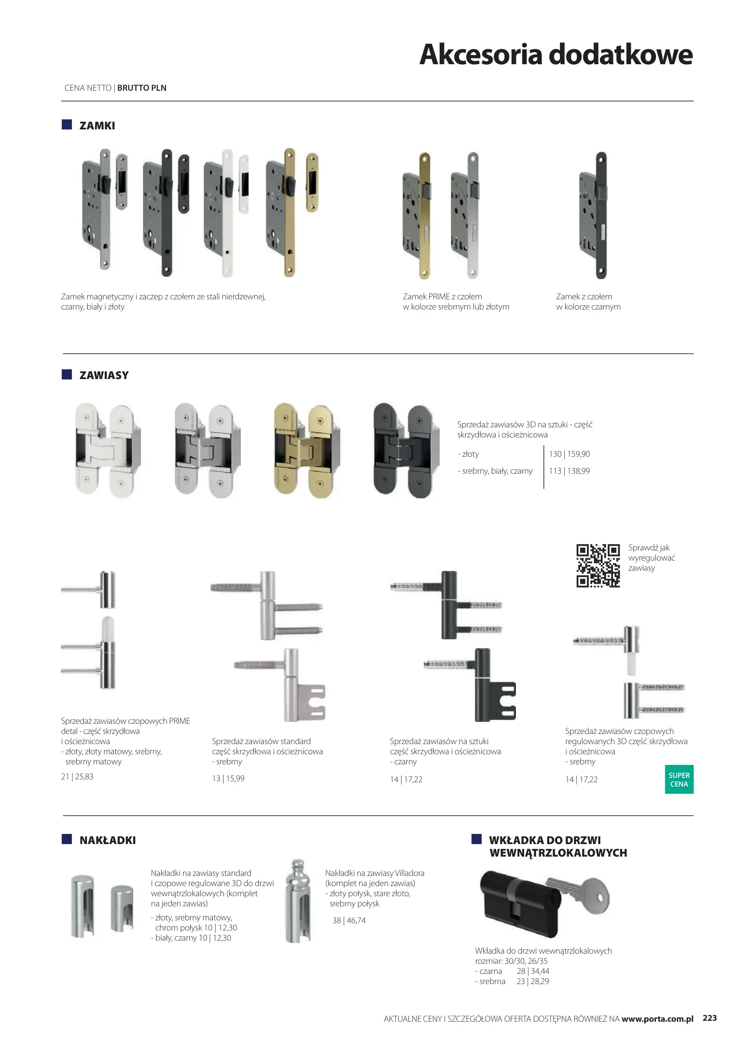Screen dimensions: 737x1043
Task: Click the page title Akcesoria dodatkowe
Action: click(556, 54)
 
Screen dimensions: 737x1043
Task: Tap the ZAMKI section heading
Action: click(97, 126)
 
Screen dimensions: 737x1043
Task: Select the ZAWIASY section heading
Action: click(104, 375)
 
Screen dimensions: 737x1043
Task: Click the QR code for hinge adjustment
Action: click(598, 565)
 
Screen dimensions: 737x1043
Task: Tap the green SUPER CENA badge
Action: click(679, 779)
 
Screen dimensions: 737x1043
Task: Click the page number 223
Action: click(709, 1018)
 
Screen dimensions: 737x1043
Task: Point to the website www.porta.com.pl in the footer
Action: click(657, 1019)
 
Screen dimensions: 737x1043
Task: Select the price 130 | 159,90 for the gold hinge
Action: click(569, 454)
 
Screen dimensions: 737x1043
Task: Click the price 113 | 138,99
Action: click(569, 471)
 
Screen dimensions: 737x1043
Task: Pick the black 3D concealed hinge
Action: click(406, 451)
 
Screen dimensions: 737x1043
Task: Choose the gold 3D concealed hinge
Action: click(306, 451)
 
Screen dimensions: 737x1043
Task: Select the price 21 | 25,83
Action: click(77, 776)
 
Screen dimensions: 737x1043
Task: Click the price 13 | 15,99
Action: click(228, 778)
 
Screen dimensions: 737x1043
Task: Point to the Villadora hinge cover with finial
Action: click(298, 901)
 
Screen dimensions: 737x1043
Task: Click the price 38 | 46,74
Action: click(349, 920)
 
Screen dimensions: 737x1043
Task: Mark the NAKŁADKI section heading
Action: click(108, 840)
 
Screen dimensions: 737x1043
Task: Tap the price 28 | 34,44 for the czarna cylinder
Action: click(533, 971)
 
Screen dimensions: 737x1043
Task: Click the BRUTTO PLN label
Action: click(142, 88)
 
